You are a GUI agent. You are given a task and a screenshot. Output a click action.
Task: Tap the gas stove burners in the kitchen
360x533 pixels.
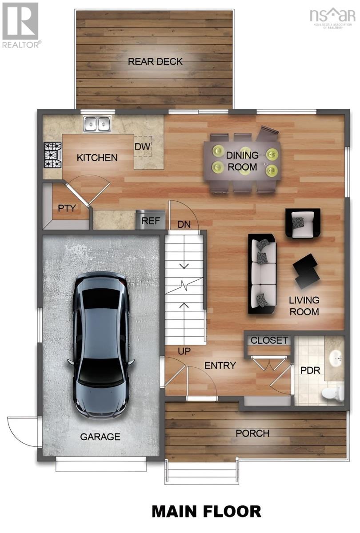tap(52, 155)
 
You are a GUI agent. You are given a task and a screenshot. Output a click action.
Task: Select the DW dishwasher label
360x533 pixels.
tap(143, 147)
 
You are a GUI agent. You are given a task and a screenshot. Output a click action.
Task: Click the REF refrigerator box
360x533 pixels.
tap(151, 221)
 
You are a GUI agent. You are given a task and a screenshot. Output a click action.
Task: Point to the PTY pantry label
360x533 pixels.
tap(67, 207)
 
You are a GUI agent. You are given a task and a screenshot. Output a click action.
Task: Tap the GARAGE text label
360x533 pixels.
tap(100, 437)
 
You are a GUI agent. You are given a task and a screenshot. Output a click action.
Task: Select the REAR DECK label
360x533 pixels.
tap(155, 61)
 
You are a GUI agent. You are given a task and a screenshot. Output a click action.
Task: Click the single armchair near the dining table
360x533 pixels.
tap(303, 223)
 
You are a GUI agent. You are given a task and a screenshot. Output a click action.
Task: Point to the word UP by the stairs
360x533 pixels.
tap(184, 351)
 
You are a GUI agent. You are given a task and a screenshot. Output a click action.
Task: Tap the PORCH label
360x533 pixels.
tap(252, 433)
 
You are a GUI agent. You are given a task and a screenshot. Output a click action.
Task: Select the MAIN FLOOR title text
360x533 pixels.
tap(206, 511)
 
